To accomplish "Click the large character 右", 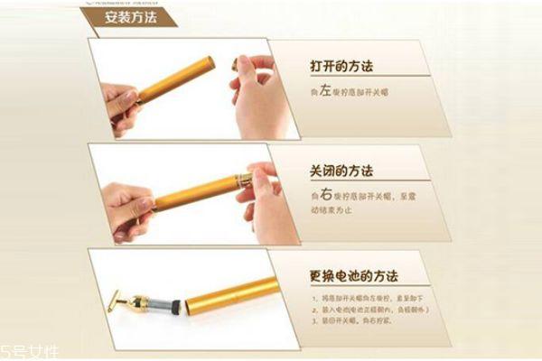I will [x=322, y=192].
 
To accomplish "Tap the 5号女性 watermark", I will [x=28, y=348].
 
